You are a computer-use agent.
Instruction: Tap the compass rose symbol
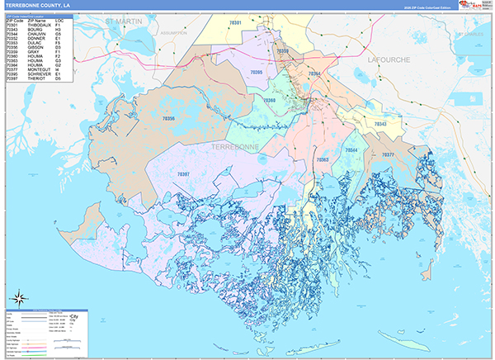point(16,298)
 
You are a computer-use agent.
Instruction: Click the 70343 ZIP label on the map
point(379,124)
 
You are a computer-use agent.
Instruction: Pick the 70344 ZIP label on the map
point(352,150)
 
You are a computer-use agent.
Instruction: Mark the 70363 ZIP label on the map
point(323,159)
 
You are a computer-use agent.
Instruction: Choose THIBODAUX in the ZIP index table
point(39,25)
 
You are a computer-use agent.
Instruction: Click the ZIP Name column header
point(35,20)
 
